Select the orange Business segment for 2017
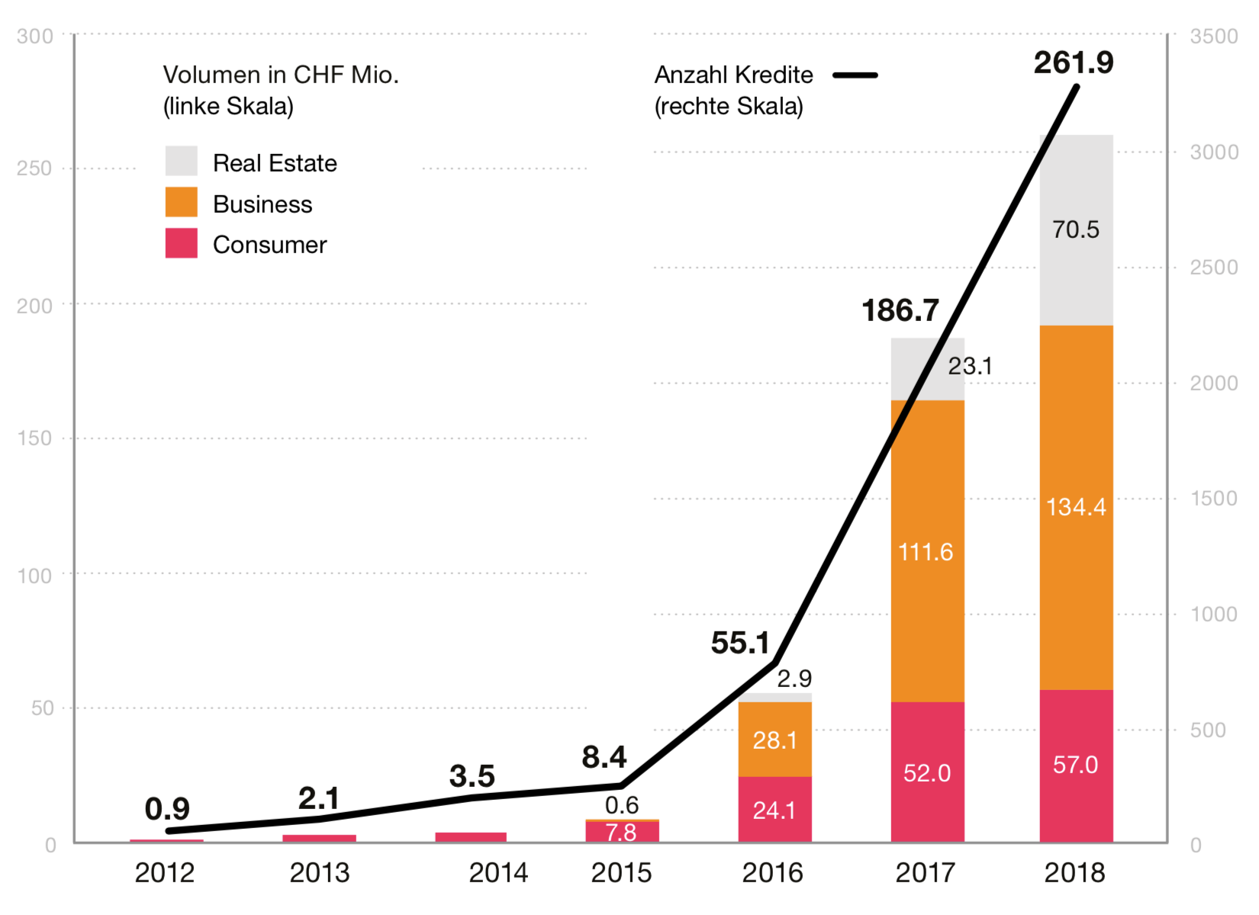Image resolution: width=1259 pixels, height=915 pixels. point(928,551)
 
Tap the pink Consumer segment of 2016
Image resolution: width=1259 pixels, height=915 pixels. point(775,810)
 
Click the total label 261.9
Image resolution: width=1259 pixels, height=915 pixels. point(1074,63)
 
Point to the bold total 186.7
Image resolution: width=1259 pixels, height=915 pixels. point(900,310)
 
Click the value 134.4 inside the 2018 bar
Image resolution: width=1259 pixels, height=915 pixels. point(1076,507)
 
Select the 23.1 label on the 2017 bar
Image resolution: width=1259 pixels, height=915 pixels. point(970,366)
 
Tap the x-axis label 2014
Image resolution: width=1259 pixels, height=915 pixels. point(498,873)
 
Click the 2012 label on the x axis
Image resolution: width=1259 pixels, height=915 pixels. point(165,873)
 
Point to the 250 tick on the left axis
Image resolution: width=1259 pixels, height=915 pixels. point(34,168)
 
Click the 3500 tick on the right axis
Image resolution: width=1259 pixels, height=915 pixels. point(1214,36)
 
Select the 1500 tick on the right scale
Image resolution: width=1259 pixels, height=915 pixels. point(1214,498)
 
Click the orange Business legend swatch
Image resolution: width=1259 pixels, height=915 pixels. point(181,202)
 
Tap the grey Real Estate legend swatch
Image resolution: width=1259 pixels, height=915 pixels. point(181,161)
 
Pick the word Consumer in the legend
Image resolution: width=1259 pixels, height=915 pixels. point(270,245)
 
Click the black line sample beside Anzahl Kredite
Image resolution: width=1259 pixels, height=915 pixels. point(855,75)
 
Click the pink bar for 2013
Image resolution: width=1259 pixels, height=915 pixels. point(319,839)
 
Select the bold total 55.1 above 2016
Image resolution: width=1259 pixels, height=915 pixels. point(739,643)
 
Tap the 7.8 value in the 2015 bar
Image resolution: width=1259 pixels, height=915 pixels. point(621,833)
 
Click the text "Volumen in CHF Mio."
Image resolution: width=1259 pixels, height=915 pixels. point(281,75)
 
